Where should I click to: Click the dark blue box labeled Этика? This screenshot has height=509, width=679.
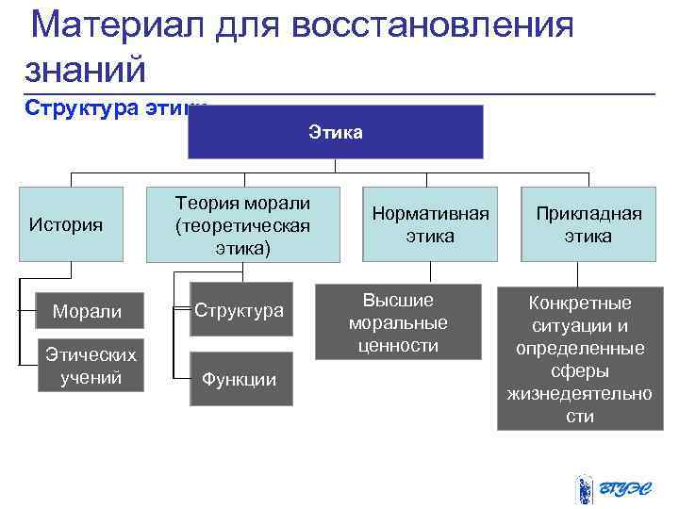(335, 131)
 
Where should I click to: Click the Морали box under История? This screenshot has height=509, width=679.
(86, 311)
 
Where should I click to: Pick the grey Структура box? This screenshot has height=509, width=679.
(240, 310)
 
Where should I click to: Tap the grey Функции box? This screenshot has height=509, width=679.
(240, 379)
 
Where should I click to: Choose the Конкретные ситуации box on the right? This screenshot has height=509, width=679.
(579, 359)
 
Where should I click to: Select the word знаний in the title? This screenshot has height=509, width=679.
(86, 68)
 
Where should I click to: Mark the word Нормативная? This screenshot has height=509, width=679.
(430, 214)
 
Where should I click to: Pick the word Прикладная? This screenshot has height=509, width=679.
(588, 214)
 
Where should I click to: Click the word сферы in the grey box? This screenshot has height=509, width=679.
(579, 370)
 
